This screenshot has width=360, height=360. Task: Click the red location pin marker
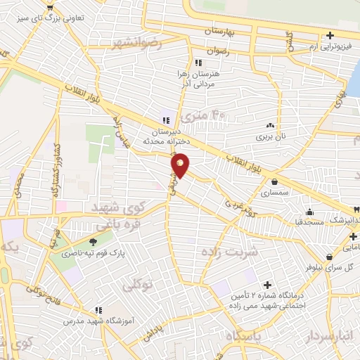click(181, 166)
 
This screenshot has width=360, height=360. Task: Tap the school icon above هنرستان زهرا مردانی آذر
click(188, 63)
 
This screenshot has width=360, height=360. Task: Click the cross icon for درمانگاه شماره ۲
click(266, 285)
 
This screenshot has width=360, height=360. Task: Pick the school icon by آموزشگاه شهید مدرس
click(100, 310)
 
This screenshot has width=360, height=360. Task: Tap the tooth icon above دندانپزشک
click(356, 210)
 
